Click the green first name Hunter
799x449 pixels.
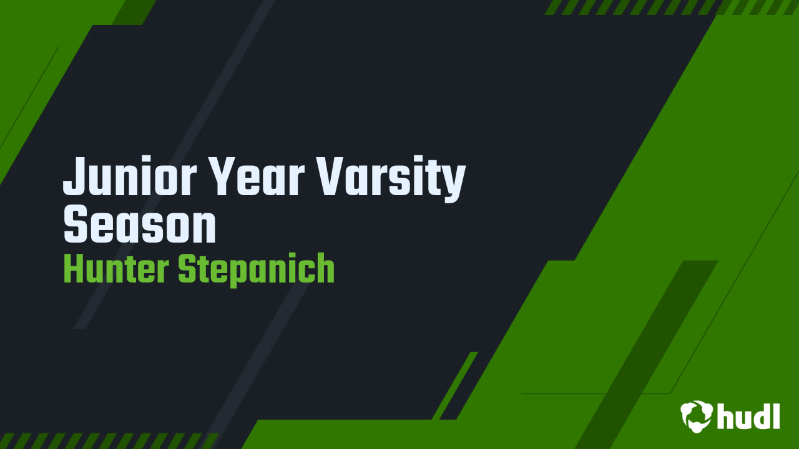(x=115, y=269)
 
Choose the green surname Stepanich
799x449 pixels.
(x=256, y=269)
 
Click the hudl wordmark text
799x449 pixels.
(x=748, y=415)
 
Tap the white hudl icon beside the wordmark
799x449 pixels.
(x=697, y=415)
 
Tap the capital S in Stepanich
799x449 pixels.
(x=187, y=269)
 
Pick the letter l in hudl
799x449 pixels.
(x=776, y=414)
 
